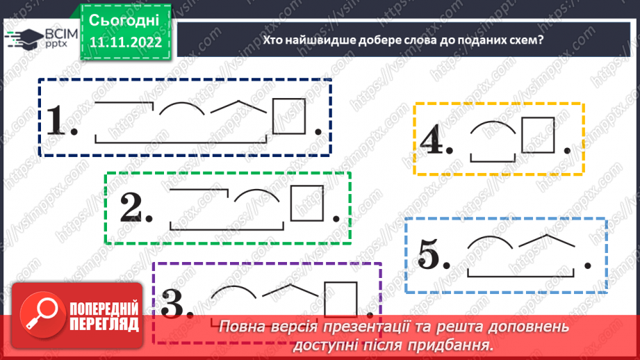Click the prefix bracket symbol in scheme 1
(124, 104)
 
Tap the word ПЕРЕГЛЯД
(104, 324)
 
